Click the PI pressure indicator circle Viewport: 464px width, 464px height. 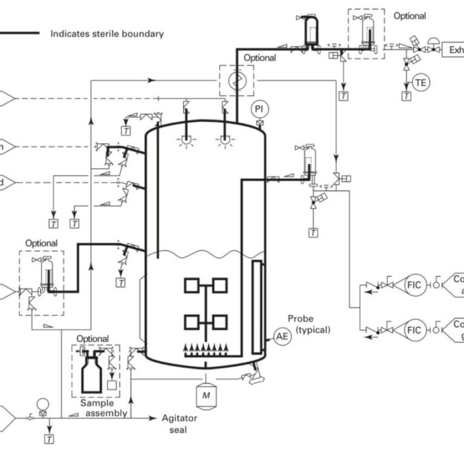pyautogui.click(x=260, y=109)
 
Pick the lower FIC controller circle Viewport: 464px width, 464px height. pyautogui.click(x=414, y=330)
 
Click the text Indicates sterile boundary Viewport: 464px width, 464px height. pyautogui.click(x=106, y=34)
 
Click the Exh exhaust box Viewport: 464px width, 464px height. pyautogui.click(x=454, y=50)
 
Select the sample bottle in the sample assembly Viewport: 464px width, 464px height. pyautogui.click(x=92, y=374)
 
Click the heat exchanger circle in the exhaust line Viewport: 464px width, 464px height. pyautogui.click(x=236, y=80)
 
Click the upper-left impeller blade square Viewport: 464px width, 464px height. pyautogui.click(x=192, y=285)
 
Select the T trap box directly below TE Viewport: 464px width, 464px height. pyautogui.click(x=407, y=95)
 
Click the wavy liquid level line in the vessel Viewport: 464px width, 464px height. pyautogui.click(x=205, y=253)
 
